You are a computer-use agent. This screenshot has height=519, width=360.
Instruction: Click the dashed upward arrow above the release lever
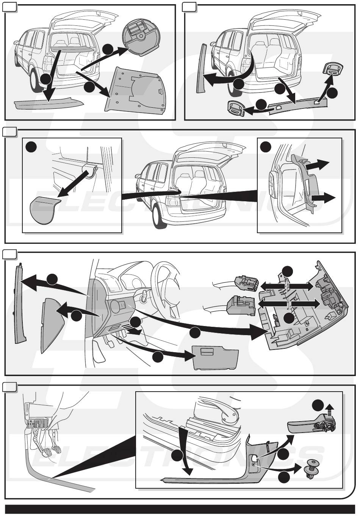(330, 410)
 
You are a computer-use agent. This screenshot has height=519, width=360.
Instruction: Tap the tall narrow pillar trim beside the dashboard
(19, 303)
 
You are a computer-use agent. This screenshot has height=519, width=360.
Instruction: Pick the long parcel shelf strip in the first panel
(47, 103)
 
